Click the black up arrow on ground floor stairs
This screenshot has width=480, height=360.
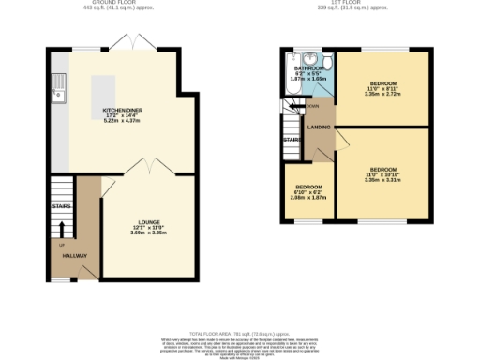[63, 227]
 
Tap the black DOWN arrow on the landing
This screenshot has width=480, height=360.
[303, 106]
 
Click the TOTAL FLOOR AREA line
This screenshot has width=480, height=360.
[240, 334]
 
